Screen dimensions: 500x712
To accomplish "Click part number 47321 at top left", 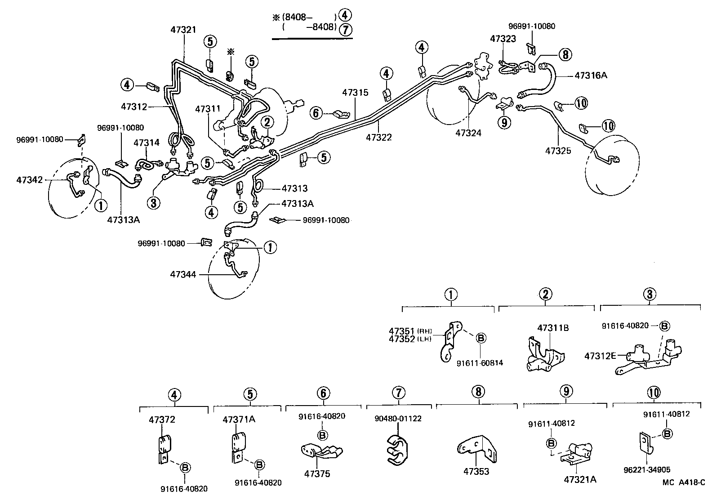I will [183, 30].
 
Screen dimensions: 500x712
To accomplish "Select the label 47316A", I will [591, 75].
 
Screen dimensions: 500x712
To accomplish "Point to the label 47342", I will [29, 180].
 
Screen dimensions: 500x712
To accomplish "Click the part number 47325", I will [558, 151].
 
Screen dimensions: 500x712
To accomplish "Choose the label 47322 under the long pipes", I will [378, 137].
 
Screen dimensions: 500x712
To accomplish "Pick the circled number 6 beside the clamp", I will [316, 113].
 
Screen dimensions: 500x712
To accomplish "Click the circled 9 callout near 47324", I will [505, 122].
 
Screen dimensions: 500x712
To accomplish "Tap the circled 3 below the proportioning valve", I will [153, 203].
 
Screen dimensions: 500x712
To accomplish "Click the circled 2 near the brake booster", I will [267, 121].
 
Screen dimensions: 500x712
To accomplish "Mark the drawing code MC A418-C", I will [685, 482].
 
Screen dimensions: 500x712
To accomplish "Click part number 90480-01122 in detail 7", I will [398, 419].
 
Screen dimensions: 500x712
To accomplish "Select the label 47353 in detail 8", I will [476, 472].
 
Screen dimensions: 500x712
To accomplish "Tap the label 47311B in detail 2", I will [553, 328].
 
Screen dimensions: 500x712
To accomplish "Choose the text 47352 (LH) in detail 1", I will [409, 339].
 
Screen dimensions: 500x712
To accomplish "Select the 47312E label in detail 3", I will [600, 356].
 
